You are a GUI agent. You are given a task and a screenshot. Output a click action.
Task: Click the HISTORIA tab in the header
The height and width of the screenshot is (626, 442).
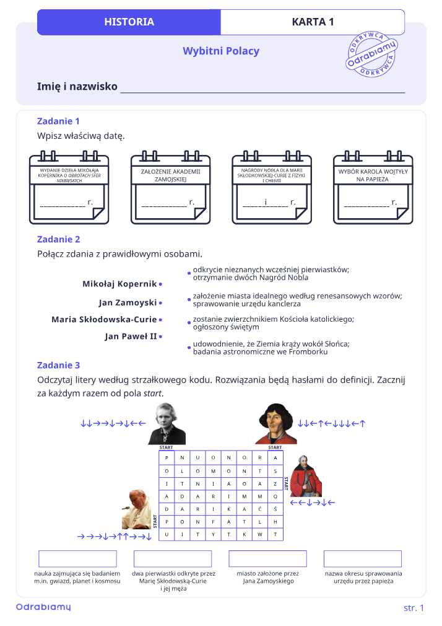coord(129,22)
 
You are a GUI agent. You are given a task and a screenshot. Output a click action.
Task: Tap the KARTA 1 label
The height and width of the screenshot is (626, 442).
coord(313,22)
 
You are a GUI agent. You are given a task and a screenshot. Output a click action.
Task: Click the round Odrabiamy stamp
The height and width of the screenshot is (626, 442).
coord(371,54)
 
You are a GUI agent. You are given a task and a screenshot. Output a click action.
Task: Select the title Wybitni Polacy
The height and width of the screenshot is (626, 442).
coord(221,51)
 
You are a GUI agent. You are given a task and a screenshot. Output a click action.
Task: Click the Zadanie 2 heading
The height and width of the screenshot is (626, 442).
coord(59,239)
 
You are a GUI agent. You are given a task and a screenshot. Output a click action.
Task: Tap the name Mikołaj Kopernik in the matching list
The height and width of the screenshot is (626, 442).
coord(119,284)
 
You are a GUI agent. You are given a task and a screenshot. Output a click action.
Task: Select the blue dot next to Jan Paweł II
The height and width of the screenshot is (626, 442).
coord(160,337)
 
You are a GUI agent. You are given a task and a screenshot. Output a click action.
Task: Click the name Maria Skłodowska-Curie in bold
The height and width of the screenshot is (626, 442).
coord(104,319)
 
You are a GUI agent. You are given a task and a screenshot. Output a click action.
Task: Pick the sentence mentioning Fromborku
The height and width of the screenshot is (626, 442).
coord(271,348)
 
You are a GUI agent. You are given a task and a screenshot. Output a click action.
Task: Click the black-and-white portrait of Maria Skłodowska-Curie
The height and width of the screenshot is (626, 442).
coord(167,424)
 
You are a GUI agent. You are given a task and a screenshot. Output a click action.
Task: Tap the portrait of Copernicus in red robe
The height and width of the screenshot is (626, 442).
coord(276,424)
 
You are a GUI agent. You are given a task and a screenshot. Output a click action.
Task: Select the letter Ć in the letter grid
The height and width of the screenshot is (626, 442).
coord(260,509)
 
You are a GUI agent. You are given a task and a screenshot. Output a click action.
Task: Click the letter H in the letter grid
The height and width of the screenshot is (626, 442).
coord(275,522)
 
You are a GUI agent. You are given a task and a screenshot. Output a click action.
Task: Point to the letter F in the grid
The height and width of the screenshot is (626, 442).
coord(213,522)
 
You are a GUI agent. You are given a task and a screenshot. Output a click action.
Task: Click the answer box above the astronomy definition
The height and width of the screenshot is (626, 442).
coord(78,559)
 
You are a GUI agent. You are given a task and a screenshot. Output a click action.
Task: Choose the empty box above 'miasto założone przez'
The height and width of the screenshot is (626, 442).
coord(267,559)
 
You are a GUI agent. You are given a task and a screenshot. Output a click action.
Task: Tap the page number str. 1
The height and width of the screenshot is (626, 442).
coord(414,608)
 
